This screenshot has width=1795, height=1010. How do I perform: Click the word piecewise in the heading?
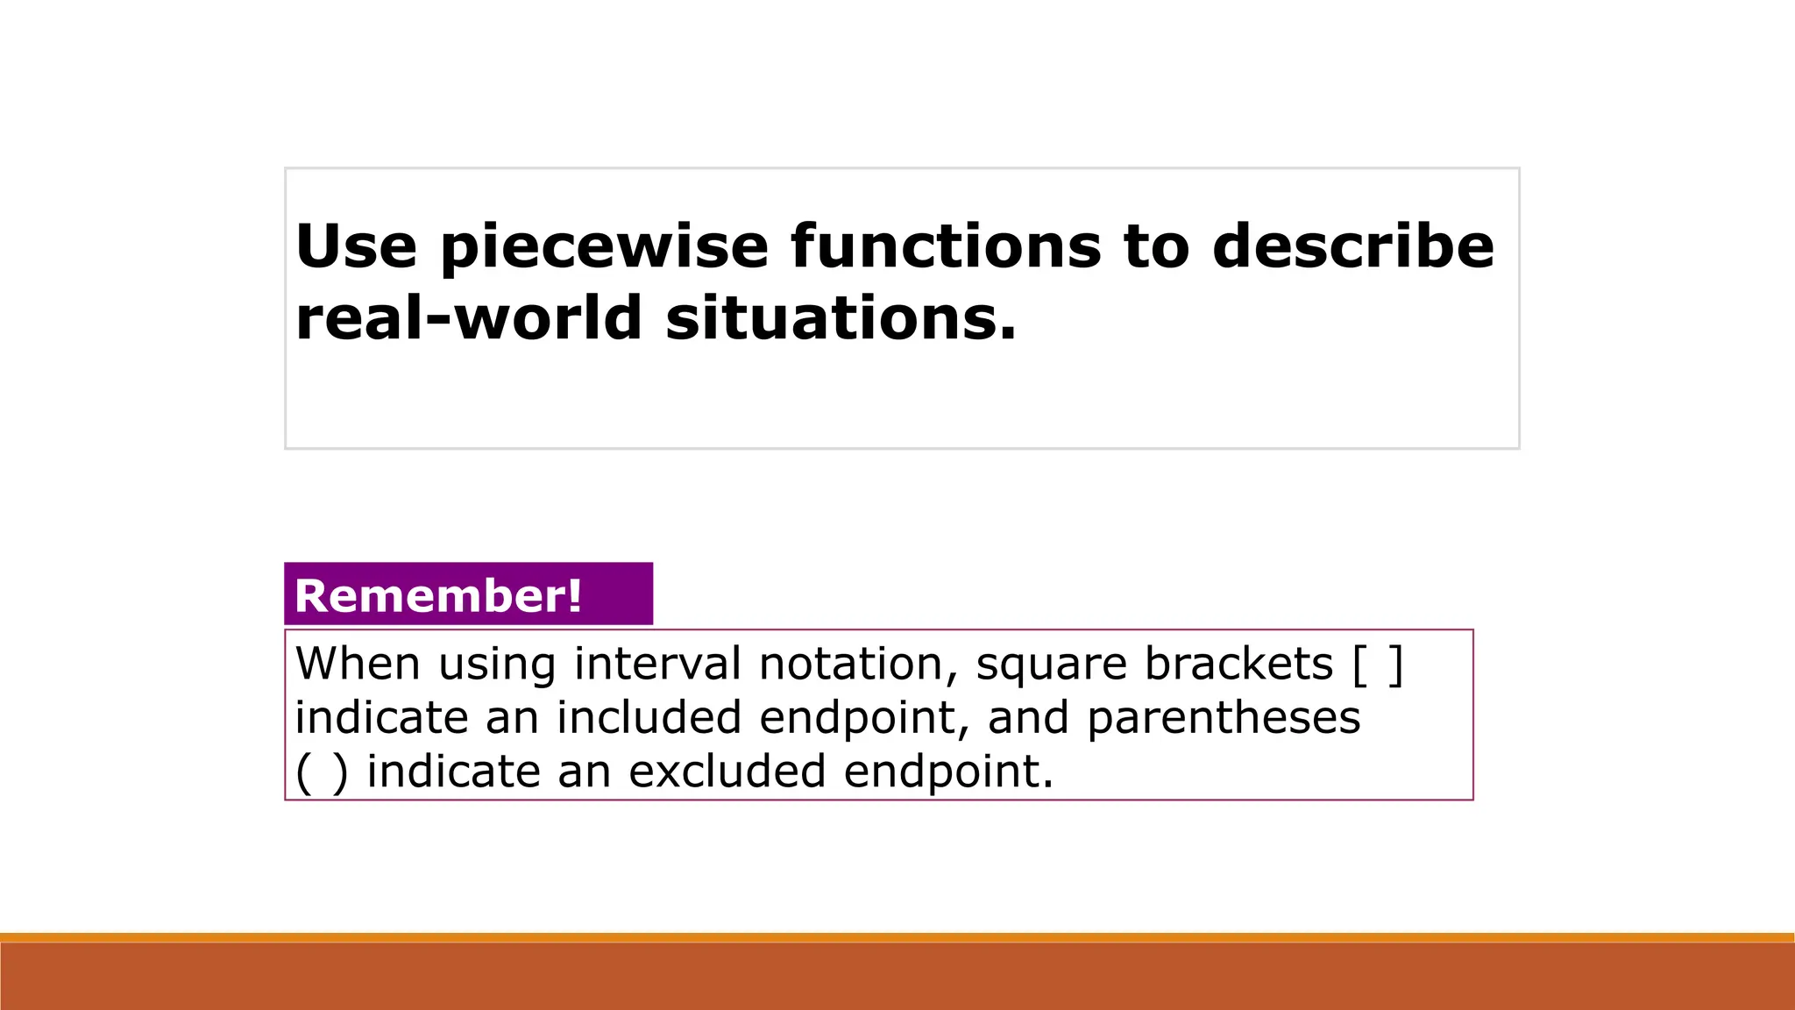604,247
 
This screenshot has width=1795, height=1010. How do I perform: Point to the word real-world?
469,317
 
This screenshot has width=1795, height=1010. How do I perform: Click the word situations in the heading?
841,317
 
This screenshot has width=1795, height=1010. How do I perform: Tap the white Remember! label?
438,596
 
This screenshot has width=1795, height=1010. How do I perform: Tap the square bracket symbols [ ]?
1378,665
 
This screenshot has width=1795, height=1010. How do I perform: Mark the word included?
649,717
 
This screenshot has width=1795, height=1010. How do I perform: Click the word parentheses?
1224,719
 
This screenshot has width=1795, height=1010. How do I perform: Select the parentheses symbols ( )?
322,772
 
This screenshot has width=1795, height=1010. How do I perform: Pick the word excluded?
727,772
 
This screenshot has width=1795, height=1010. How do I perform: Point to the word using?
497,665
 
